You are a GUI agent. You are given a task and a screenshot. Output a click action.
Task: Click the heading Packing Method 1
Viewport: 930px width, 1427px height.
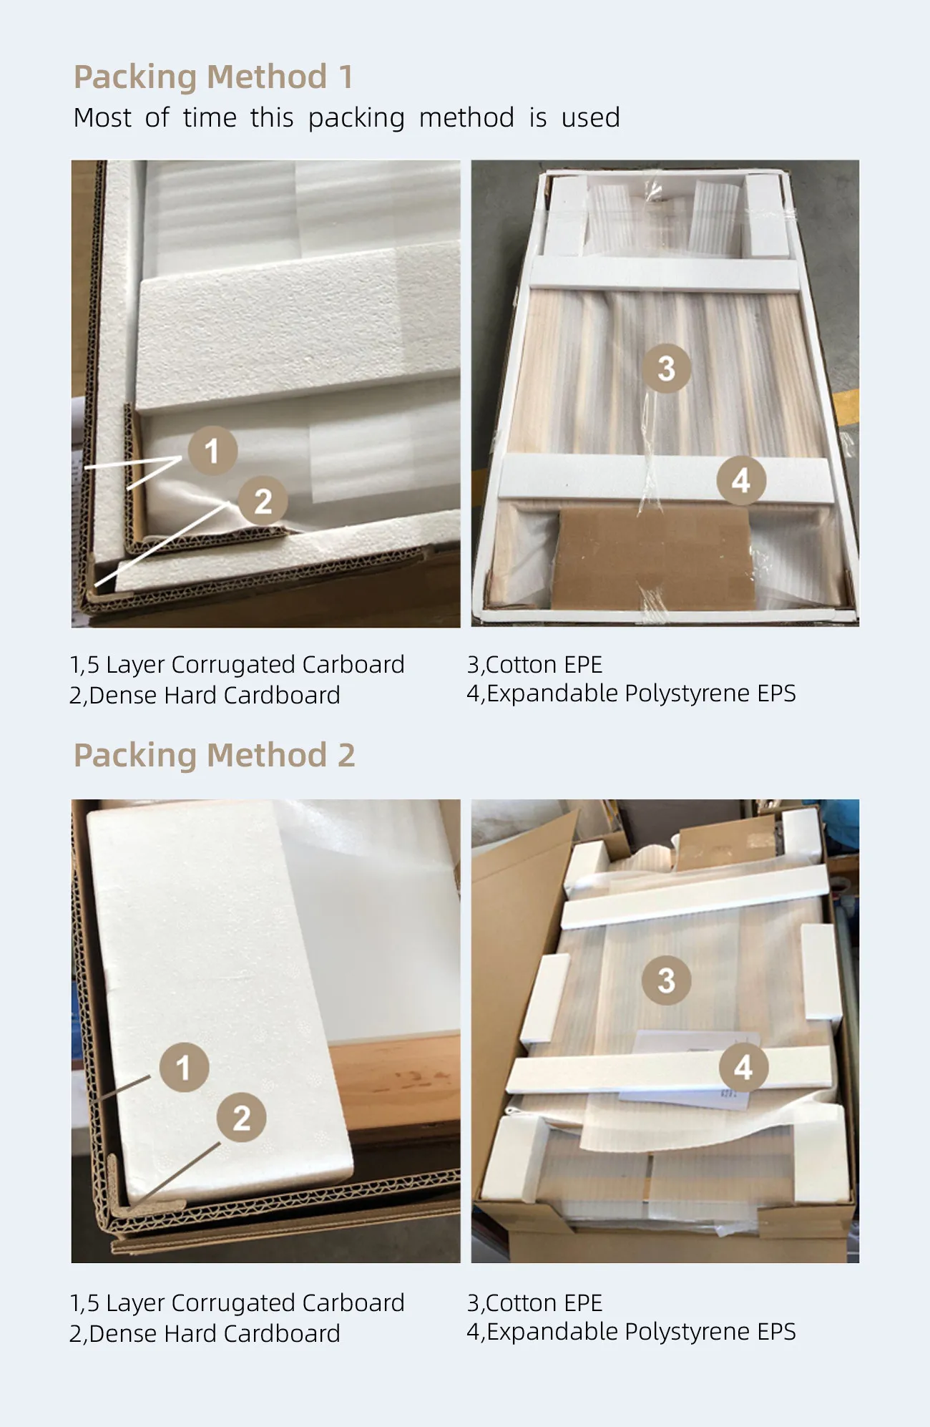213,77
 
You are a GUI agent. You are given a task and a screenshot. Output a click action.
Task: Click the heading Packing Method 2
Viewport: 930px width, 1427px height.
214,756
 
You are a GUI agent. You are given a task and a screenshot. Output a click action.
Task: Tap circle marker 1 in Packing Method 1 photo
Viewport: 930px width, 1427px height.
212,451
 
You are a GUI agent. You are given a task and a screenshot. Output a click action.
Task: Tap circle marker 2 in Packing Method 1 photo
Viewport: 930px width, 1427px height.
263,501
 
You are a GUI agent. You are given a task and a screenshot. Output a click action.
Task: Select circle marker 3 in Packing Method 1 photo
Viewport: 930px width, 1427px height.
666,369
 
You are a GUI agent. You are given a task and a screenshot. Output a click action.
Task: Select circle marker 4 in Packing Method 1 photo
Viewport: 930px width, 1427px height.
741,480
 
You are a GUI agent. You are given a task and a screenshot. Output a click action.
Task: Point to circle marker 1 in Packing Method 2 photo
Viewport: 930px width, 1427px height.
184,1067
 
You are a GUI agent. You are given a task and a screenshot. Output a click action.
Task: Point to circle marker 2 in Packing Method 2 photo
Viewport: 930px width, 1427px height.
242,1118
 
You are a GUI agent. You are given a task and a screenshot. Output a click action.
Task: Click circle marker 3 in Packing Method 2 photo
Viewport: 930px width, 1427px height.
666,980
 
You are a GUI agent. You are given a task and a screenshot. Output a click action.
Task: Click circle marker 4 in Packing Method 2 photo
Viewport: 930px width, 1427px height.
743,1067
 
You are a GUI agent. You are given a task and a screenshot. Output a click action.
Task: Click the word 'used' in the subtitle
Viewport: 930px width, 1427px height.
590,117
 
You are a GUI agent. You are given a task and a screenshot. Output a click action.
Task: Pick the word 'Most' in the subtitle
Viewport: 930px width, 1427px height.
102,117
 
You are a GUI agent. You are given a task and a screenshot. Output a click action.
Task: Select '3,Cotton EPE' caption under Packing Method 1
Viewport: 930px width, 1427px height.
534,665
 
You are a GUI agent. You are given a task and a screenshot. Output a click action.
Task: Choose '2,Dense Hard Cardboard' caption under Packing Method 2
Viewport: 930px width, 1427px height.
205,1334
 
